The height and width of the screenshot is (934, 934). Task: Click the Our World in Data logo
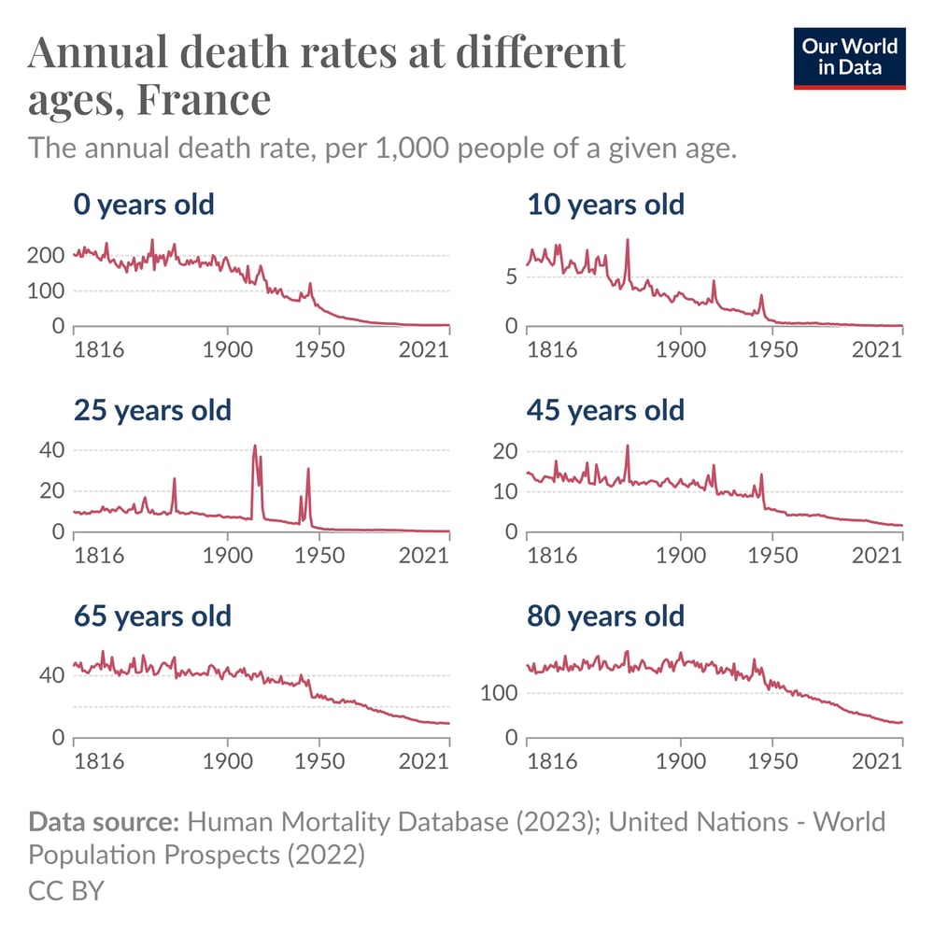click(x=849, y=58)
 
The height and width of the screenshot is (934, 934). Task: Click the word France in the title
click(x=204, y=99)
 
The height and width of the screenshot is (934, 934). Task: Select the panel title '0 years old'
click(x=144, y=204)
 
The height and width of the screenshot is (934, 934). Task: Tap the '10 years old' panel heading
click(x=605, y=204)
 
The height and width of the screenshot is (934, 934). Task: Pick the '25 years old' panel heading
click(x=152, y=410)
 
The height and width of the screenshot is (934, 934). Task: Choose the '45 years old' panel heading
click(x=605, y=410)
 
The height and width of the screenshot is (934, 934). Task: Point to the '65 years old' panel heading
click(x=152, y=616)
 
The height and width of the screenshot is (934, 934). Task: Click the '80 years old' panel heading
click(x=605, y=616)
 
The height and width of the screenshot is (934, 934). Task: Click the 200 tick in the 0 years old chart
click(x=49, y=256)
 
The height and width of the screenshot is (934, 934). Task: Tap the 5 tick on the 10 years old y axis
click(x=510, y=276)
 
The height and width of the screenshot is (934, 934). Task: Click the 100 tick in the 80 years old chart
click(x=499, y=693)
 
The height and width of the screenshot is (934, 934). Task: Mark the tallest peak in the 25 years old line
click(x=255, y=446)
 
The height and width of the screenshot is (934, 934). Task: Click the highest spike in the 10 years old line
click(x=628, y=240)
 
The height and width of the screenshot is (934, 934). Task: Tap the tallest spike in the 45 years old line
click(x=628, y=446)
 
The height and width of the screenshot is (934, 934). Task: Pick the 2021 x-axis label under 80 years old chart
click(x=877, y=761)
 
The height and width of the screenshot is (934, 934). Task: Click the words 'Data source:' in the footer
click(x=104, y=822)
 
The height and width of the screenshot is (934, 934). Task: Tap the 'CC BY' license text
click(x=65, y=889)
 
